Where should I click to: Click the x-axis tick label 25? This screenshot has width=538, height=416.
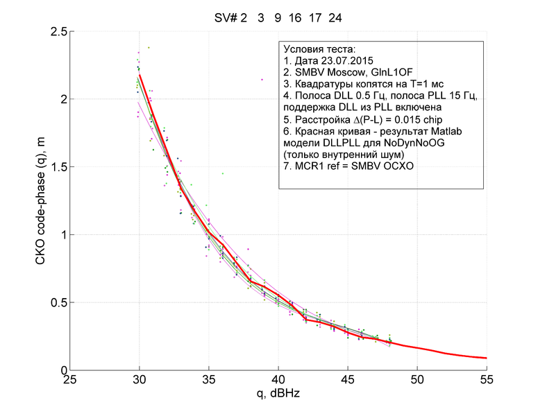(70, 381)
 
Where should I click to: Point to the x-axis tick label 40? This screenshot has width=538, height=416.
(278, 381)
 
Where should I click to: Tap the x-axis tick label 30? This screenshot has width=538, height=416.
(140, 381)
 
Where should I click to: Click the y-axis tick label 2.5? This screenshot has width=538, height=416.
(58, 32)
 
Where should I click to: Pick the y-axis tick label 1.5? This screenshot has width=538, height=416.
(58, 167)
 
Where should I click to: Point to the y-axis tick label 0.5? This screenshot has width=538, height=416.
(58, 302)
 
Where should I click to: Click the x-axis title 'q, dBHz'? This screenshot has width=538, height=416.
(278, 394)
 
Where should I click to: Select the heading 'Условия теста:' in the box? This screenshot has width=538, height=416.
(319, 50)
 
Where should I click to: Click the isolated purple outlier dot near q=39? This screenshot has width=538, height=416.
(262, 80)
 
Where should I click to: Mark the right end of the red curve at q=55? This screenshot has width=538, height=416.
(486, 358)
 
